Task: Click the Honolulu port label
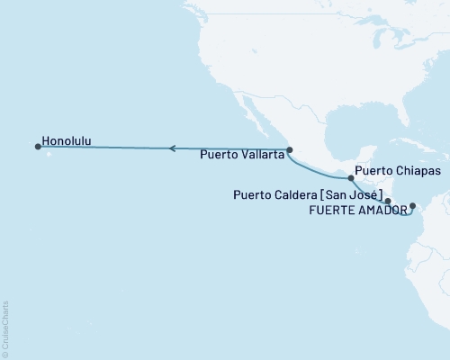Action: pos(71,140)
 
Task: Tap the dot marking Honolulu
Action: pos(38,146)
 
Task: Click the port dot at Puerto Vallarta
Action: pos(289,150)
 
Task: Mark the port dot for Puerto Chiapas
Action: pos(351,178)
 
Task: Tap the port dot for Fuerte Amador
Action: pos(412,206)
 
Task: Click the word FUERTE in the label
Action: pos(332,210)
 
